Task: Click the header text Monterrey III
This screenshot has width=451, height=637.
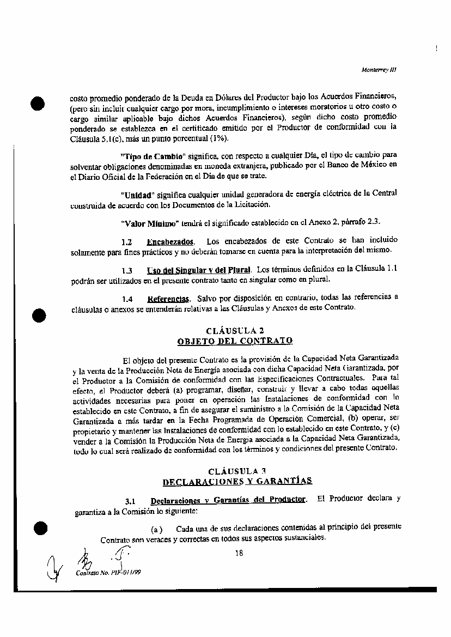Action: click(379, 70)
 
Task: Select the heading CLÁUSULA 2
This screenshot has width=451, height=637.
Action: click(235, 331)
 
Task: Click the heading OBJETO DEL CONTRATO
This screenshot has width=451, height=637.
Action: click(235, 341)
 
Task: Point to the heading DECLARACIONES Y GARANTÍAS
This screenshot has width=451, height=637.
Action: click(237, 481)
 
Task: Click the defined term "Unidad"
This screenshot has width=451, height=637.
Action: click(137, 195)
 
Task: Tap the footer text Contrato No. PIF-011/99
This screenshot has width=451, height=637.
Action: click(105, 572)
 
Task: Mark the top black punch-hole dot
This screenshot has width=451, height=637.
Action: click(38, 104)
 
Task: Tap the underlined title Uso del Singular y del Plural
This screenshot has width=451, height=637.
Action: click(198, 270)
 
